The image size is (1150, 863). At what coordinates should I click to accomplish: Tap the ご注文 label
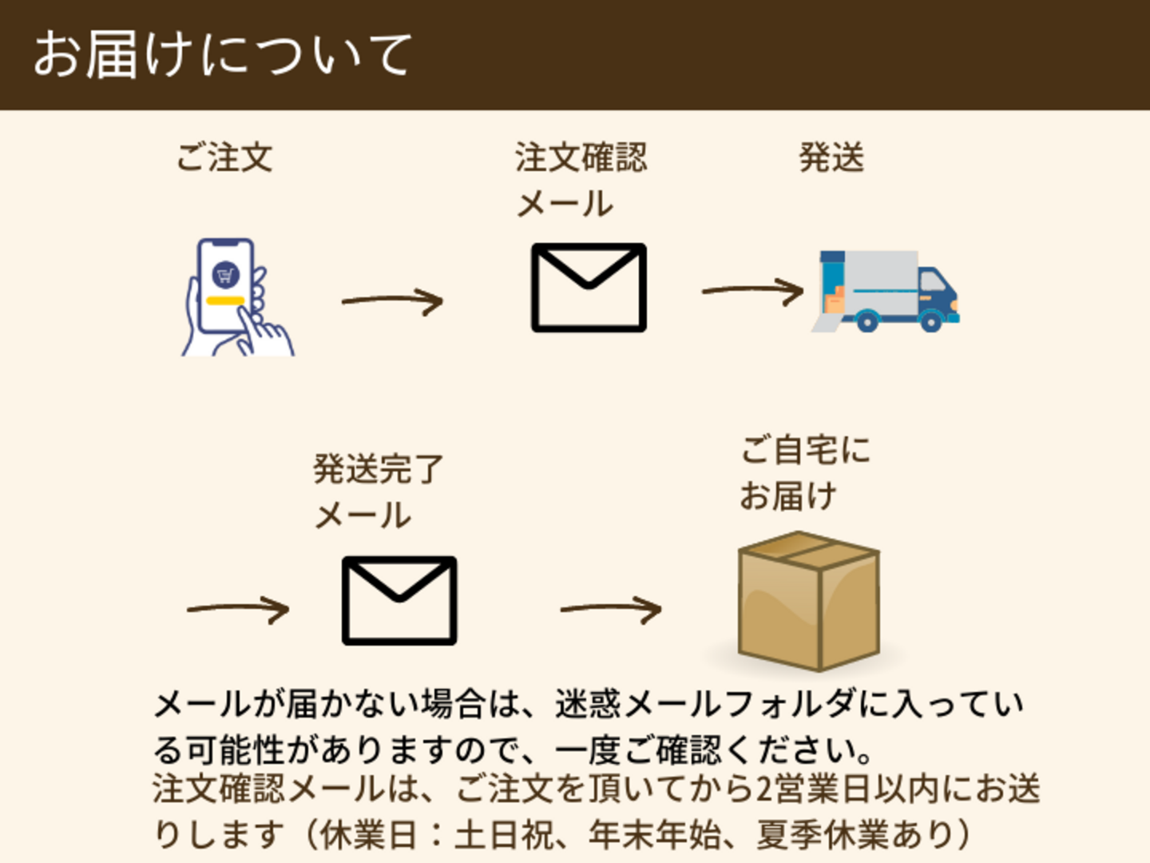tap(224, 157)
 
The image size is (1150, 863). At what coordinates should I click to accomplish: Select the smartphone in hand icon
tap(236, 297)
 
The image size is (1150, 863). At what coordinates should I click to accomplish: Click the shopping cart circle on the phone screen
tap(227, 276)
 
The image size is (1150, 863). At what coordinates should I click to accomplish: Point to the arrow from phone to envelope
tap(392, 301)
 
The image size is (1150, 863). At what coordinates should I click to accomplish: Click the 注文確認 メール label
tap(581, 180)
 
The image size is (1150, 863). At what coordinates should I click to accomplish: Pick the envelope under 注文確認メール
tap(589, 288)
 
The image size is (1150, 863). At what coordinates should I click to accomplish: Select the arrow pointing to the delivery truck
tap(752, 291)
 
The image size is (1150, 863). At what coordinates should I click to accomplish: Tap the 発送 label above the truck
tap(831, 157)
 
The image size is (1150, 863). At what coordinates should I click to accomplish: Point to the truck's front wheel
tap(930, 321)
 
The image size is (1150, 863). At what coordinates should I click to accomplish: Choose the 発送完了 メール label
tap(377, 491)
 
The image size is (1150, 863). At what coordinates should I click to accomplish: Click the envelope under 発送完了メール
tap(399, 601)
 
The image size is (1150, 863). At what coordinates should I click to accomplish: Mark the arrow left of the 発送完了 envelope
tap(237, 610)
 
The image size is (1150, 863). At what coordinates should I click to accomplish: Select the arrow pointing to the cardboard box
tap(611, 610)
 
